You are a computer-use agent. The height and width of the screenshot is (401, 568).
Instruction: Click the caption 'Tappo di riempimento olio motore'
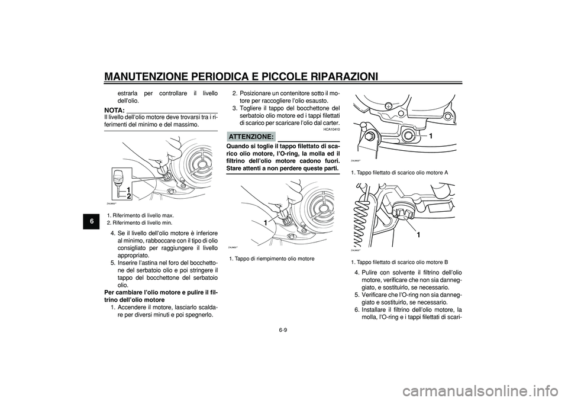(272, 259)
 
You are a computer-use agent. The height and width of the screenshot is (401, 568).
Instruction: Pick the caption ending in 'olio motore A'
(399, 172)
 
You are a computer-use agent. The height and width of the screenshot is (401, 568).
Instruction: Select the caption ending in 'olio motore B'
(399, 261)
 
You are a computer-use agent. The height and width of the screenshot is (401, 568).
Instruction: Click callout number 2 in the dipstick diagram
(128, 196)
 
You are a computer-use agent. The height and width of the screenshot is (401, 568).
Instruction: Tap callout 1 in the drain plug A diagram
(431, 136)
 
